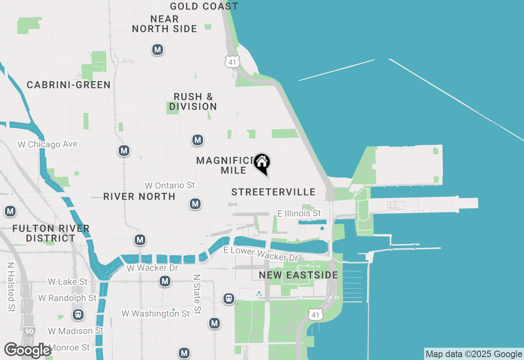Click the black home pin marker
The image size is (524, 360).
click(262, 163)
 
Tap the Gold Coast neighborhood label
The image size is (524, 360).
click(204, 6)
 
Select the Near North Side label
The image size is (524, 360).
click(165, 24)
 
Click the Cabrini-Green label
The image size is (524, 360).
click(69, 85)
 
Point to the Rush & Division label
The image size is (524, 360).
click(193, 101)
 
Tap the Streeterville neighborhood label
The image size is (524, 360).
click(273, 192)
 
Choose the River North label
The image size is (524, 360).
click(139, 196)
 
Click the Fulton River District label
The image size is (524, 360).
click(51, 233)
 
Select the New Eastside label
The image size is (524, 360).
click(299, 275)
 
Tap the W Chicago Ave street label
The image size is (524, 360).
click(47, 144)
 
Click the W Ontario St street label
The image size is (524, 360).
click(169, 185)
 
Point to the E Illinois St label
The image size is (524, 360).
click(299, 214)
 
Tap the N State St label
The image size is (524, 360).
click(197, 294)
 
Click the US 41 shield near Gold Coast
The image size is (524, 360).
click(233, 62)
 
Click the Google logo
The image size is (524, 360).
click(27, 350)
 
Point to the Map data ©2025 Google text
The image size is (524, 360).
click(474, 354)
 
